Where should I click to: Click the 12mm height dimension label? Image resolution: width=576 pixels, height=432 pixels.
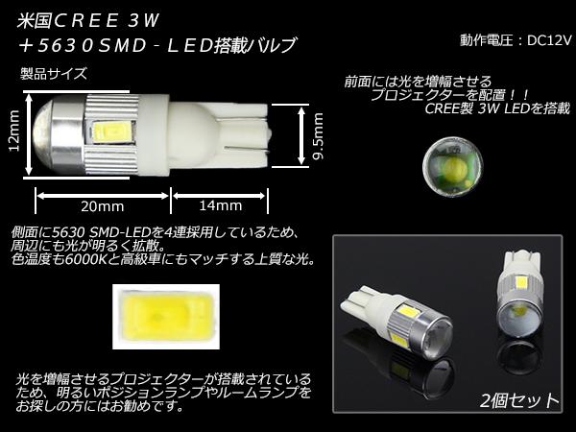[14, 131]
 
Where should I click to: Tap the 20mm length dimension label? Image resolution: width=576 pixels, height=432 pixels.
[103, 206]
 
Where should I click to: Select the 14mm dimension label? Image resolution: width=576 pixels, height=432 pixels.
[221, 205]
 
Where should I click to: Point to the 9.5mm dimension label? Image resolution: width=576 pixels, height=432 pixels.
[318, 136]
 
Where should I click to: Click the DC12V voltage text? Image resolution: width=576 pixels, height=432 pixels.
[549, 40]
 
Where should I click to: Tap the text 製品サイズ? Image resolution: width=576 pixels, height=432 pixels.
[54, 74]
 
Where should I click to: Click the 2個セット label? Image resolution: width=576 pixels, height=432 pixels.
[519, 400]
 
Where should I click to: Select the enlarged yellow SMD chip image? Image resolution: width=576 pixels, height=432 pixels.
[166, 317]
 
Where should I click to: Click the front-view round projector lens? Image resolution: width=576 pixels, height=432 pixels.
[452, 167]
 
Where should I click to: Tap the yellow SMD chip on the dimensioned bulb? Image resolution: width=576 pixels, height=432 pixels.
[108, 131]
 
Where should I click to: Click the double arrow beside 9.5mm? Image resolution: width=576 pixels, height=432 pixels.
[301, 135]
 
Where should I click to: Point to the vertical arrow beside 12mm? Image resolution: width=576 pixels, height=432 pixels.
[29, 134]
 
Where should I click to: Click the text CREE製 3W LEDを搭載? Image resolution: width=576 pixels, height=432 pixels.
[497, 108]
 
